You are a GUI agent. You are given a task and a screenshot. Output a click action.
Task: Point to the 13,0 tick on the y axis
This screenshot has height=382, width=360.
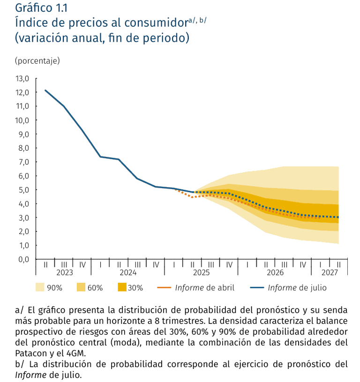[x=22, y=78]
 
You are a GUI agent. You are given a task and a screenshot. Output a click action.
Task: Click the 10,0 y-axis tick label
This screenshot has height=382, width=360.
[x=22, y=120]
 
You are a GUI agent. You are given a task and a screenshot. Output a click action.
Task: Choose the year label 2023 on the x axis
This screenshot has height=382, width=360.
[x=64, y=272]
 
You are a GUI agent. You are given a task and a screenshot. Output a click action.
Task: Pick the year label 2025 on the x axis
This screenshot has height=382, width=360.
[x=201, y=272]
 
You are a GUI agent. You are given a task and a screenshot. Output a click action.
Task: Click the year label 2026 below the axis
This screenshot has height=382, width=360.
[x=275, y=272]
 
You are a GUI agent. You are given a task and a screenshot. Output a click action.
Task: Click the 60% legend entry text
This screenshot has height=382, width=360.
[x=95, y=288]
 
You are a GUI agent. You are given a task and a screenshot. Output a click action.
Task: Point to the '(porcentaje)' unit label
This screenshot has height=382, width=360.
[x=37, y=61]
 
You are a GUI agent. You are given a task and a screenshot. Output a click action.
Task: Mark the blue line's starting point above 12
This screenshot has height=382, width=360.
[x=45, y=90]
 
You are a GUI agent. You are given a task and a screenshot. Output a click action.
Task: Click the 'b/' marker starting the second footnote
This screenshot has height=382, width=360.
[x=20, y=364]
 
